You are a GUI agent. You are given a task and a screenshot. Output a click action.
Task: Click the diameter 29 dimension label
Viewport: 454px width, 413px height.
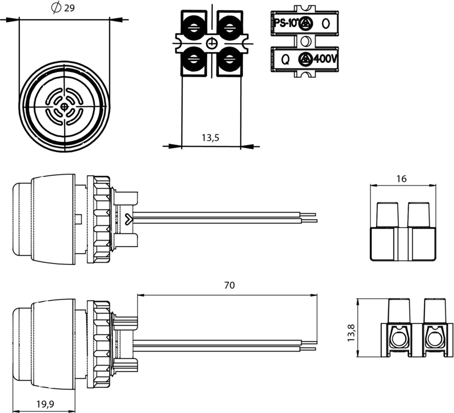(62, 8)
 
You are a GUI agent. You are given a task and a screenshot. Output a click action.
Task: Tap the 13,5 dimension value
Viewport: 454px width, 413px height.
(211, 138)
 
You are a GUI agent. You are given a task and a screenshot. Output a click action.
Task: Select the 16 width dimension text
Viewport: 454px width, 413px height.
(401, 179)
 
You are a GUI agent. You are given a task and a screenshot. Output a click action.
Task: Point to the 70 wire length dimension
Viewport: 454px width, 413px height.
(229, 285)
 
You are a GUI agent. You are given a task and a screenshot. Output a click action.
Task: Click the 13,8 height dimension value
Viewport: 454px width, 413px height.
(351, 332)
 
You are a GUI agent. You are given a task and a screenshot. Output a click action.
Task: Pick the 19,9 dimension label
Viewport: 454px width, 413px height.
(45, 403)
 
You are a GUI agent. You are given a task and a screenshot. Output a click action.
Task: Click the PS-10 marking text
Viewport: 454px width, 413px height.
(285, 23)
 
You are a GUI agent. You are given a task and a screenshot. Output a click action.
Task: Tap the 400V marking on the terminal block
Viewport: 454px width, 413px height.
(325, 59)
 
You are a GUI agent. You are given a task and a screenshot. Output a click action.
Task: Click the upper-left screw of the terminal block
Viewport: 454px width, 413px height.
(194, 27)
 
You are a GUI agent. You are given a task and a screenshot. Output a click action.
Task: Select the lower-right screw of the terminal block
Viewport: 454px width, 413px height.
(229, 59)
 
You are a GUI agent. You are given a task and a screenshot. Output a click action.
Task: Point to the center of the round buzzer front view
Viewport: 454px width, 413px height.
(64, 107)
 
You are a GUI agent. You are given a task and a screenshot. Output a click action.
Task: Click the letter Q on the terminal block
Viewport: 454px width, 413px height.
(285, 60)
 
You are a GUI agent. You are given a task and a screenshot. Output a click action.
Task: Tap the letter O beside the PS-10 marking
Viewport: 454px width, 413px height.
(326, 23)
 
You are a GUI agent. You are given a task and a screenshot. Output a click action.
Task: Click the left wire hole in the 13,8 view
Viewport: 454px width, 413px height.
(400, 338)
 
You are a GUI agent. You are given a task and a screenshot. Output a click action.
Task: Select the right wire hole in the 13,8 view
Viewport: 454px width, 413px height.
(434, 338)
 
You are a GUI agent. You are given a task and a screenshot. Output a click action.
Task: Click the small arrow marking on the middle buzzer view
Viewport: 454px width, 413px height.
(128, 219)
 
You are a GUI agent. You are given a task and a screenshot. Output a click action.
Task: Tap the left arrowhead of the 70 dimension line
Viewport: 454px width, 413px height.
(141, 295)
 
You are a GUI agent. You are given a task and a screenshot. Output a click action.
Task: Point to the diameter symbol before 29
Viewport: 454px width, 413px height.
(56, 8)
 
